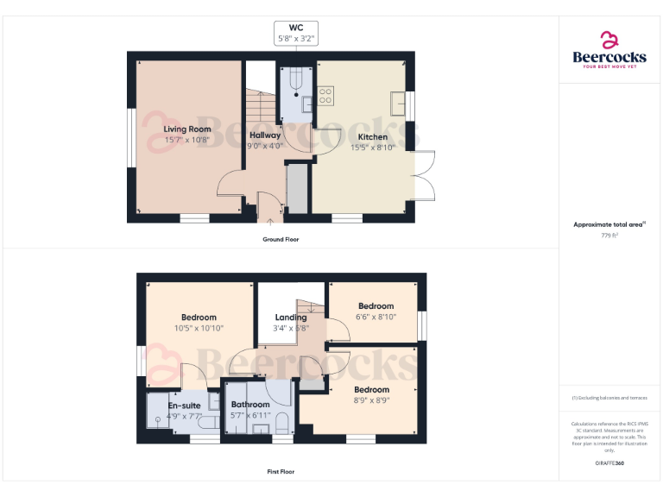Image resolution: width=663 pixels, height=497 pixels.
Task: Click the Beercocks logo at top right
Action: pos(609,50)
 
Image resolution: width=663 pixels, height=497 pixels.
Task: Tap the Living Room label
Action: pos(187,129)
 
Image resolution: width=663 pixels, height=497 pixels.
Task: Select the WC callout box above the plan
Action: pos(296,34)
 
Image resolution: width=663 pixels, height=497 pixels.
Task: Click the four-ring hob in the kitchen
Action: pos(326,95)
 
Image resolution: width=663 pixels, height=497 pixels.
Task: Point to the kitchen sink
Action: pos(398,103)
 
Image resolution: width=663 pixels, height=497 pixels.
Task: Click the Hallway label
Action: pos(265,135)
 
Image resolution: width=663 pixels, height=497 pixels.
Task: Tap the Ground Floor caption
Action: pos(281,239)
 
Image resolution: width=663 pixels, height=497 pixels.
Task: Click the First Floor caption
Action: pos(281,472)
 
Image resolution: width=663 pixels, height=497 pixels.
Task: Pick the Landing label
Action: pos(290,318)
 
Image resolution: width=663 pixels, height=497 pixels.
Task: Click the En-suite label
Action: pos(184,405)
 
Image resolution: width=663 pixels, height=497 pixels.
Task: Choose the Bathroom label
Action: pos(250,405)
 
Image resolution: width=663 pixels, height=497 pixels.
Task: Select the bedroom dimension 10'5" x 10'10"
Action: pos(199,328)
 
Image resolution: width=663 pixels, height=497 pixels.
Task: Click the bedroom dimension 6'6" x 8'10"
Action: pos(376,317)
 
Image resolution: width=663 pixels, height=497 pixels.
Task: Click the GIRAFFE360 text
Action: pos(609,464)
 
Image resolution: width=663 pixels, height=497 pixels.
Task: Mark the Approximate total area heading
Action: pos(609,224)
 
